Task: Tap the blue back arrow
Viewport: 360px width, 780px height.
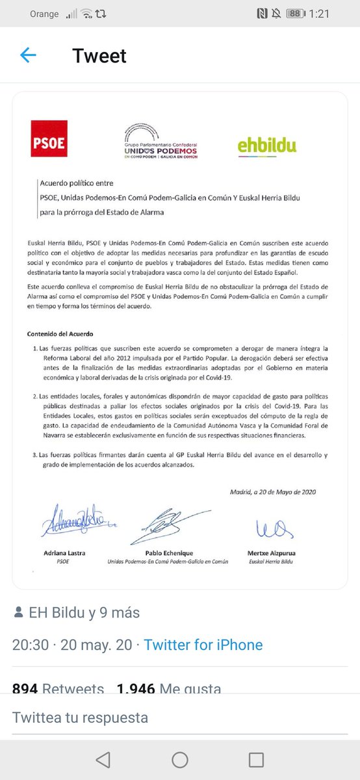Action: pos(28,55)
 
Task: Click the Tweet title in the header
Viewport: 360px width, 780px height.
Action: pos(99,56)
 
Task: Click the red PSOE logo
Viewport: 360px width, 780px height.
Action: pos(49,138)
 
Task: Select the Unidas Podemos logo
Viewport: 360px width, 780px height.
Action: pos(161,141)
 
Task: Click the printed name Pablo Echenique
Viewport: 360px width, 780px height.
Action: pos(168,552)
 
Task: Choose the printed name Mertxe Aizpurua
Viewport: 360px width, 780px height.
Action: pos(272,552)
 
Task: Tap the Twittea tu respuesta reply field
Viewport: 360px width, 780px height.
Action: pos(81,718)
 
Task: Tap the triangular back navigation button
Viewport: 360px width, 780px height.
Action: pos(103,760)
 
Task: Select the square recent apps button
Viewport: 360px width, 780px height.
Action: pos(257,760)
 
